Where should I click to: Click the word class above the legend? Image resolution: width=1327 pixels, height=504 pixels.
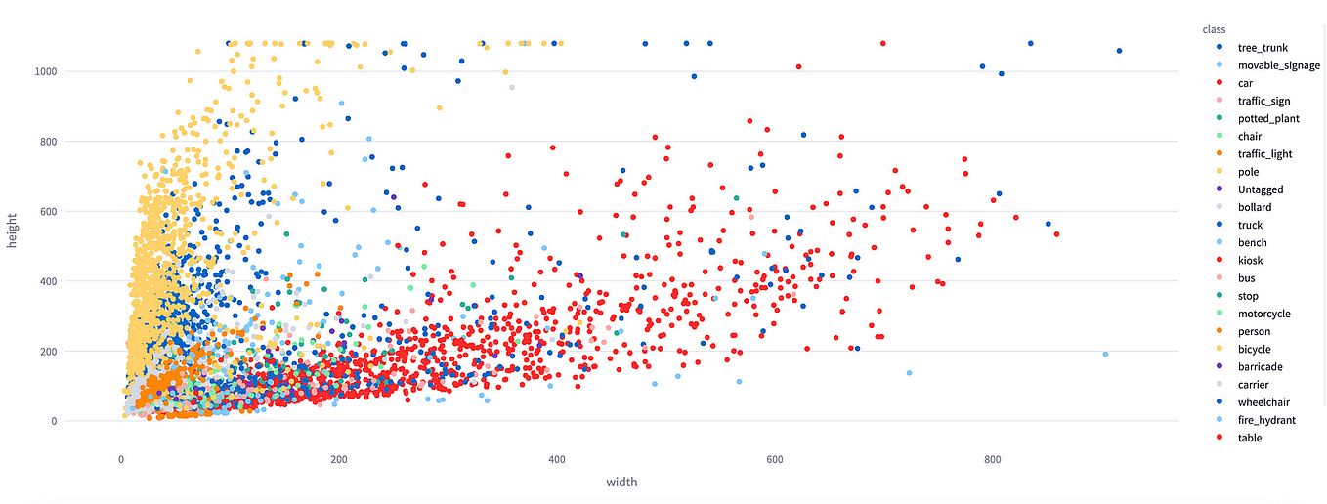(x=1216, y=30)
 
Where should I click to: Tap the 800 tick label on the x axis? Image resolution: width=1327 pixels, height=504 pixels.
(x=993, y=459)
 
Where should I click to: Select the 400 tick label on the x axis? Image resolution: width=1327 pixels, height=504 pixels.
(x=557, y=459)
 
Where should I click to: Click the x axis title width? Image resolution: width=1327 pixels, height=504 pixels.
(x=621, y=482)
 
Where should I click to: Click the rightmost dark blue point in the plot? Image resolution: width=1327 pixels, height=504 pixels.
(x=1119, y=51)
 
